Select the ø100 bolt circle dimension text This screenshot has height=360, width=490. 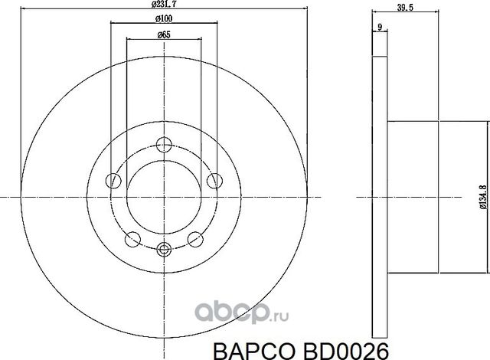tap(162, 17)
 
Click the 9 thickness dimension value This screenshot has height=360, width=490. tap(379, 28)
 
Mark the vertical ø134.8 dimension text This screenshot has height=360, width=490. tap(482, 196)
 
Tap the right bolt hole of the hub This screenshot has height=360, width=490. tap(214, 180)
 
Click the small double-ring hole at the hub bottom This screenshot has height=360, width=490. tap(163, 247)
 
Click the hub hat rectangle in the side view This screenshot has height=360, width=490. tap(414, 197)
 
